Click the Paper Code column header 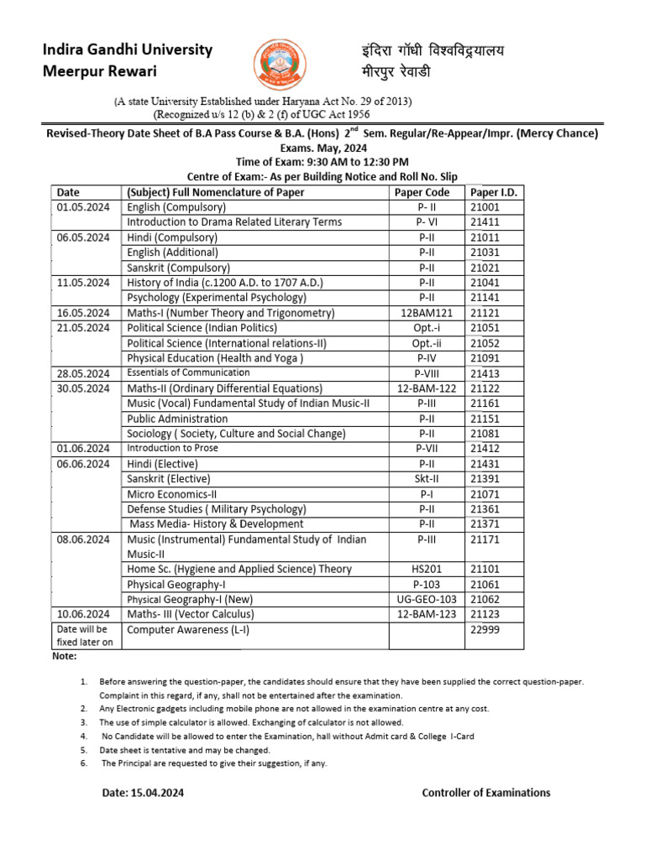pyautogui.click(x=422, y=192)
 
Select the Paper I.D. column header pyautogui.click(x=494, y=192)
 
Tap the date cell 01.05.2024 pyautogui.click(x=82, y=207)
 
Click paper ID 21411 pyautogui.click(x=485, y=222)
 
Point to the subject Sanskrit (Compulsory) pyautogui.click(x=178, y=268)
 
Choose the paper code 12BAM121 pyautogui.click(x=427, y=313)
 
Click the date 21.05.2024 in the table pyautogui.click(x=82, y=328)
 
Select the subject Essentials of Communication pyautogui.click(x=188, y=372)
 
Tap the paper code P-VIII pyautogui.click(x=427, y=373)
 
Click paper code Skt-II pyautogui.click(x=427, y=479)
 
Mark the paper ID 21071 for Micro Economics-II pyautogui.click(x=485, y=494)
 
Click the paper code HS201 pyautogui.click(x=427, y=569)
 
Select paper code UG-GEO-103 pyautogui.click(x=427, y=599)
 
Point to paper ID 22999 pyautogui.click(x=485, y=629)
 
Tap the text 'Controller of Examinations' pyautogui.click(x=486, y=793)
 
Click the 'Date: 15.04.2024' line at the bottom pyautogui.click(x=143, y=793)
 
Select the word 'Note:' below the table pyautogui.click(x=65, y=656)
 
